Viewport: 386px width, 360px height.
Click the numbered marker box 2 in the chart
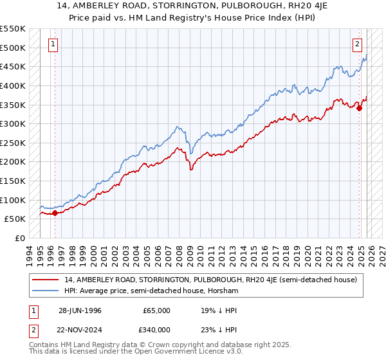(357, 44)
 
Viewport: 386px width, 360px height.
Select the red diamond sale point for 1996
(55, 213)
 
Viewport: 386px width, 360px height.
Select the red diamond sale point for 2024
(360, 108)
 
